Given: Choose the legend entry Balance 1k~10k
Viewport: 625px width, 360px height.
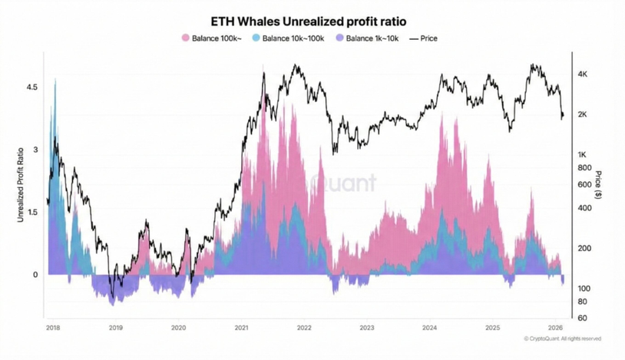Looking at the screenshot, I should [x=371, y=38].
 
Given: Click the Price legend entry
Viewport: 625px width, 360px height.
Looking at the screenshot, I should [x=428, y=38].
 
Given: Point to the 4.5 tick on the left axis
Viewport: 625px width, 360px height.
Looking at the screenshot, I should [x=31, y=88].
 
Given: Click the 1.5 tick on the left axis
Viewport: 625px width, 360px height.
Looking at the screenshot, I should [x=31, y=212].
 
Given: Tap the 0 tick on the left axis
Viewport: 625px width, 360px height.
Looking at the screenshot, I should [x=35, y=274].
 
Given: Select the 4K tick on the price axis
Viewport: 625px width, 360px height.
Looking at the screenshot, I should [x=582, y=74].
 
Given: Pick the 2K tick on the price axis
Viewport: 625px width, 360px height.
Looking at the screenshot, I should [x=582, y=114].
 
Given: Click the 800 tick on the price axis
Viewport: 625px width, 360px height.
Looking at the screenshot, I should [x=584, y=168].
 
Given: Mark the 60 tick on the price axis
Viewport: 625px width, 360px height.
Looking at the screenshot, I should [x=582, y=318].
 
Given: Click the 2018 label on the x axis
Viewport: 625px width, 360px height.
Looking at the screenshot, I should [x=53, y=328].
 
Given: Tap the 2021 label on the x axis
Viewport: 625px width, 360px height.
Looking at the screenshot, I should [x=241, y=328].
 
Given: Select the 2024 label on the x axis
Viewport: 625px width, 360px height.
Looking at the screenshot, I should [x=430, y=328].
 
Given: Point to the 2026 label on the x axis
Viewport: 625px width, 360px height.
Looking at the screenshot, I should [x=556, y=328].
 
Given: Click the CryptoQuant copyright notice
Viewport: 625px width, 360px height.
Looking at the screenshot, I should [x=563, y=339].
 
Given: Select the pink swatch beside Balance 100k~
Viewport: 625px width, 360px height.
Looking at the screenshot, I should [x=186, y=38].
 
